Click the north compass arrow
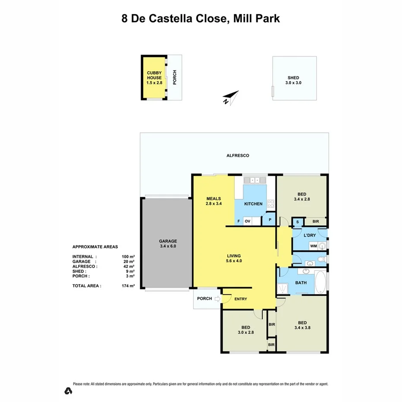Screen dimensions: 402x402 click(x=231, y=97)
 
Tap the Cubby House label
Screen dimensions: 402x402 click(x=154, y=78)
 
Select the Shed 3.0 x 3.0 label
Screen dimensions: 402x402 click(x=293, y=80)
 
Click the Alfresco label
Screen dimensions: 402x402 click(x=238, y=155)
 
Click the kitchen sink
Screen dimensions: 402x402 click(x=251, y=180)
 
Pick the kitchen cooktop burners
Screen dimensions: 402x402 click(x=271, y=203)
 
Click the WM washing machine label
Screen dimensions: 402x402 click(x=314, y=246)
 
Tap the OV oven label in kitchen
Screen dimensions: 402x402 click(x=248, y=222)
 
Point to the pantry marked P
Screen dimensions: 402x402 click(x=270, y=219)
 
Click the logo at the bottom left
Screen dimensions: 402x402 click(x=68, y=391)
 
